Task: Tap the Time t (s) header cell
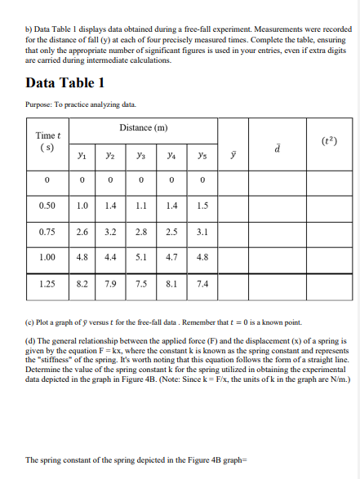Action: coord(47,141)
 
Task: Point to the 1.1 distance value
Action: coord(141,205)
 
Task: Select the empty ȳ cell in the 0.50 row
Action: coord(233,205)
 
